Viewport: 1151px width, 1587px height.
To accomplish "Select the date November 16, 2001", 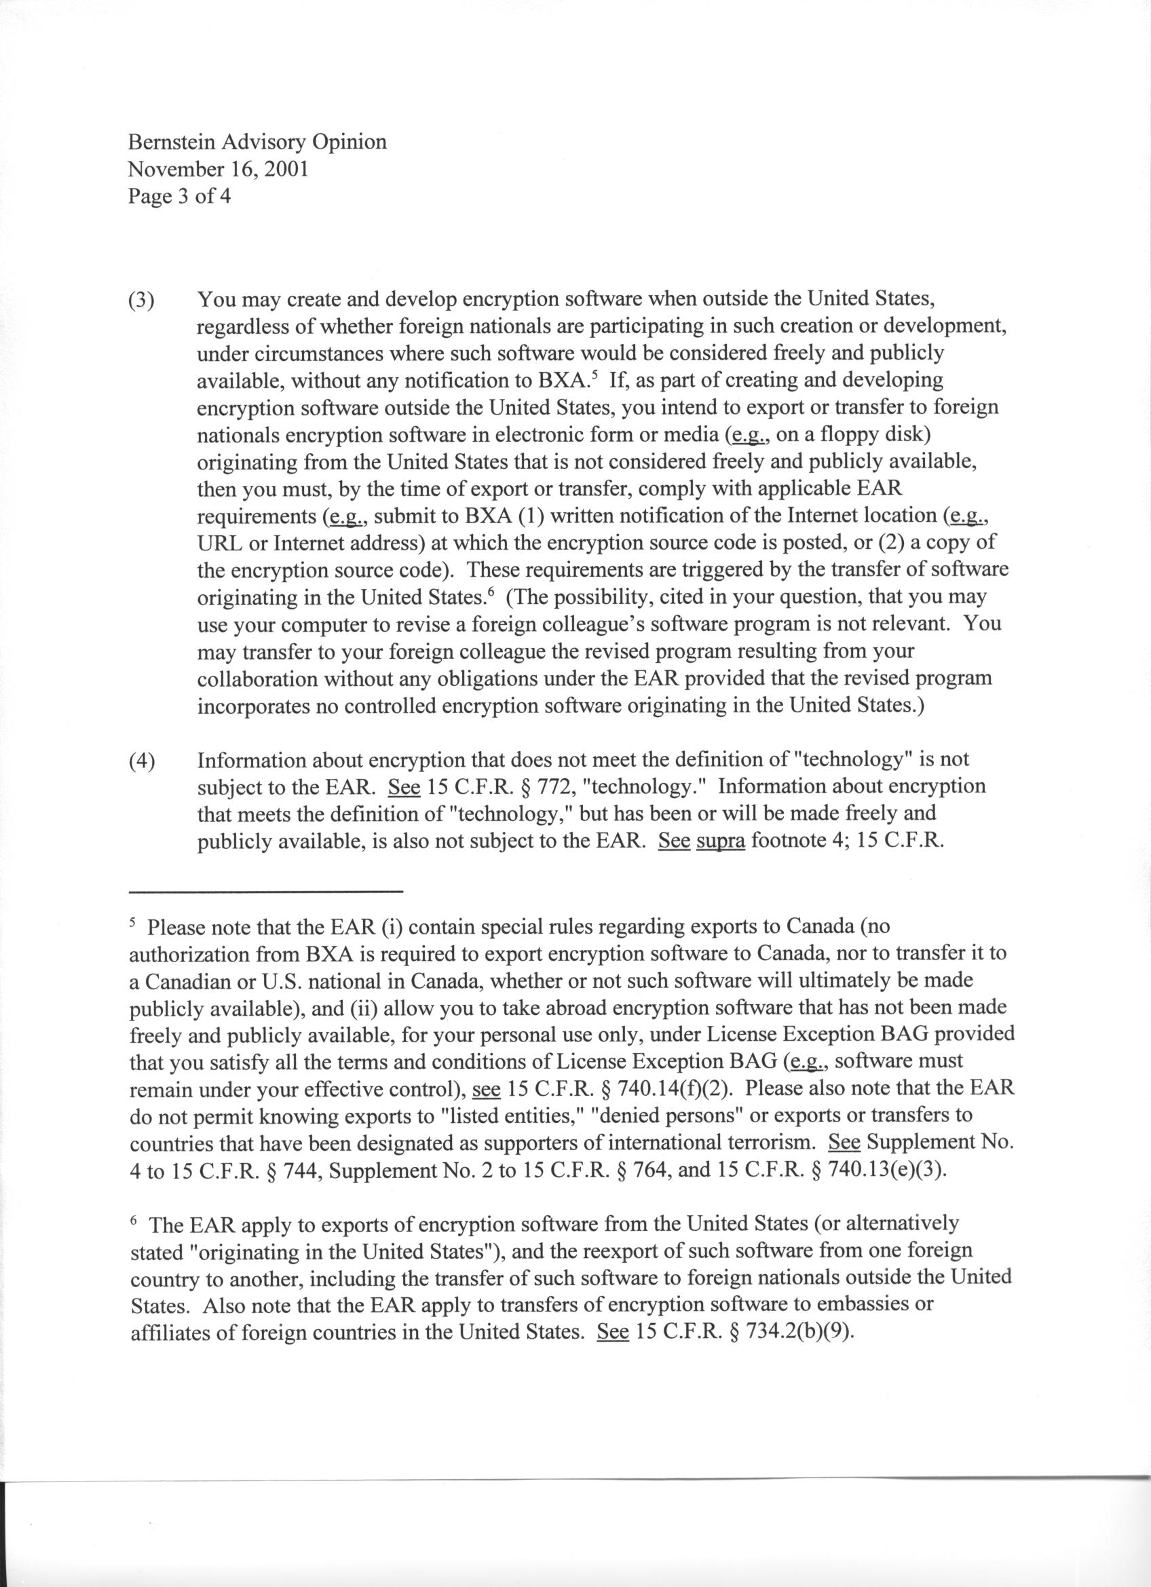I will (x=218, y=170).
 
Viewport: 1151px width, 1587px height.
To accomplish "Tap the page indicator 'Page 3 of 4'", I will (x=179, y=197).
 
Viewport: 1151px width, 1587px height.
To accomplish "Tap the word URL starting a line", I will (x=219, y=543).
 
